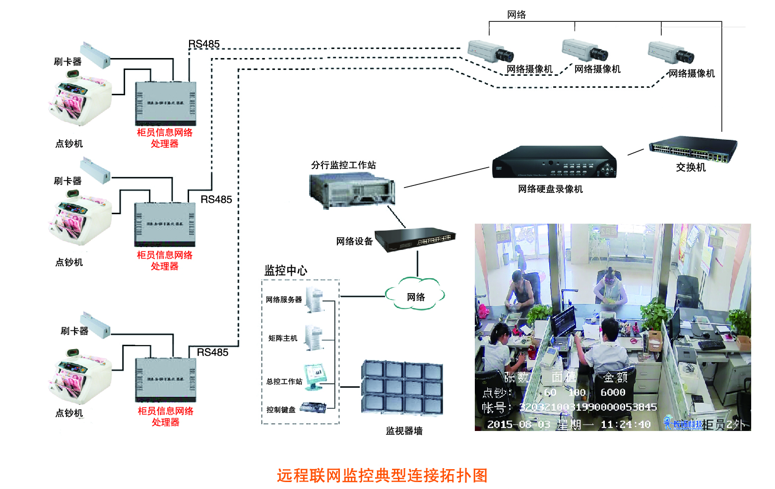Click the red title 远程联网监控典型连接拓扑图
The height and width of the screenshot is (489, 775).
click(382, 475)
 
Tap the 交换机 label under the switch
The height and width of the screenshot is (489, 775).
click(690, 167)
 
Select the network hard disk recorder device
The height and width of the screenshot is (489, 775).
click(554, 162)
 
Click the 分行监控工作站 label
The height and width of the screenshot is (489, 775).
click(343, 165)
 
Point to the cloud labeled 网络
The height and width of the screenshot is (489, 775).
click(415, 297)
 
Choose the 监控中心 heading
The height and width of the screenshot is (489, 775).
click(285, 270)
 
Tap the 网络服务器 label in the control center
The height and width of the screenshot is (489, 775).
click(283, 300)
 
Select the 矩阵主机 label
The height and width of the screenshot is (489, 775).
click(283, 338)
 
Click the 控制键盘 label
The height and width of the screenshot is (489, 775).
click(281, 410)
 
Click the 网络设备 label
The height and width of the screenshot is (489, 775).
click(354, 242)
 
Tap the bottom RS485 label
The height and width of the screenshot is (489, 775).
click(212, 352)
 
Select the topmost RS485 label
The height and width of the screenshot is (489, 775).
click(204, 44)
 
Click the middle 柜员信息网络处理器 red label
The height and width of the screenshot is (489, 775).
click(165, 260)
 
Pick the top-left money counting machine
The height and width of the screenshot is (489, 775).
click(79, 99)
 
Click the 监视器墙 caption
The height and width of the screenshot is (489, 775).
click(404, 431)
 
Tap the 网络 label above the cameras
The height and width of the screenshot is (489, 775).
click(517, 15)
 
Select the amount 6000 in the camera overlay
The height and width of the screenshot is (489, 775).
click(613, 392)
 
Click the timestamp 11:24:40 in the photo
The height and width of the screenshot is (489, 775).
click(625, 425)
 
